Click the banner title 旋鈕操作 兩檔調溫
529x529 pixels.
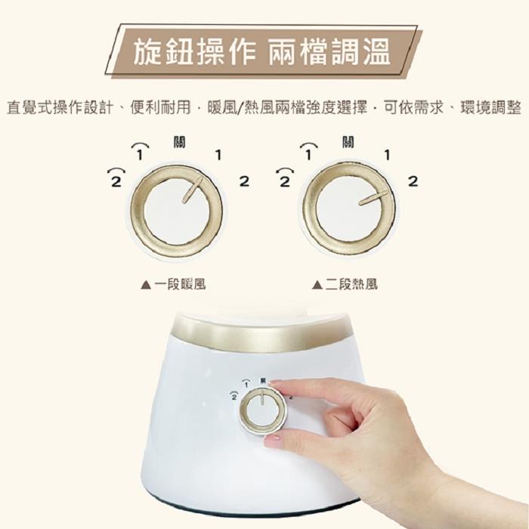point(261,51)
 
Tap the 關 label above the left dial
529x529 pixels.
point(179,142)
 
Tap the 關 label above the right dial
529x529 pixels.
point(348,142)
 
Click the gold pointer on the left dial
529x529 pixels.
point(193,190)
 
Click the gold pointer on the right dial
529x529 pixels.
point(373,198)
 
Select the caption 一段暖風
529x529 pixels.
point(180,284)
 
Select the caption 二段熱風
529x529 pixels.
point(351,284)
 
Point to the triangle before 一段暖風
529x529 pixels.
point(146,285)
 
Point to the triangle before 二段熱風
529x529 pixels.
point(317,285)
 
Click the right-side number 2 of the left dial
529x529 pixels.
point(244,181)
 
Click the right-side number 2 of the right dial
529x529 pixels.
point(413,181)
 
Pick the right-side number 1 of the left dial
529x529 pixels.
point(218,155)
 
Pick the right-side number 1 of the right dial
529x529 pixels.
point(387,155)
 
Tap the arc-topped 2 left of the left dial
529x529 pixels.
point(116,178)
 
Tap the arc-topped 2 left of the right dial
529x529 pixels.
point(285,178)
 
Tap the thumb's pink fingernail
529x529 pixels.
point(272,440)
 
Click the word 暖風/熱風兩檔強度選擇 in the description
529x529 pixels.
point(287,107)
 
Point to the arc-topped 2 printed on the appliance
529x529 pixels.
point(234,396)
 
